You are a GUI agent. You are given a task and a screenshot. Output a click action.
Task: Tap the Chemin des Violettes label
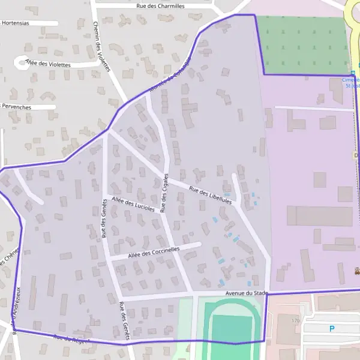(102, 47)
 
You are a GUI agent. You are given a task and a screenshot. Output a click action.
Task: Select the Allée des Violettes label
(48, 64)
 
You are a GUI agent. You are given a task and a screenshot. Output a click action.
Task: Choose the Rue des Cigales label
(163, 196)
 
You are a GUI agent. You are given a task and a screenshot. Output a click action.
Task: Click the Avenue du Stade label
(245, 293)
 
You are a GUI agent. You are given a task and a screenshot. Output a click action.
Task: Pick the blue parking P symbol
(331, 328)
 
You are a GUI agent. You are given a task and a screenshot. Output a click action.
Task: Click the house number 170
(295, 321)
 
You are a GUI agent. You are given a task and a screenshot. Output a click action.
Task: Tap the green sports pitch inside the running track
(232, 328)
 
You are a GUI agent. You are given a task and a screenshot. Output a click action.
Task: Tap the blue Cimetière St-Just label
(351, 82)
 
